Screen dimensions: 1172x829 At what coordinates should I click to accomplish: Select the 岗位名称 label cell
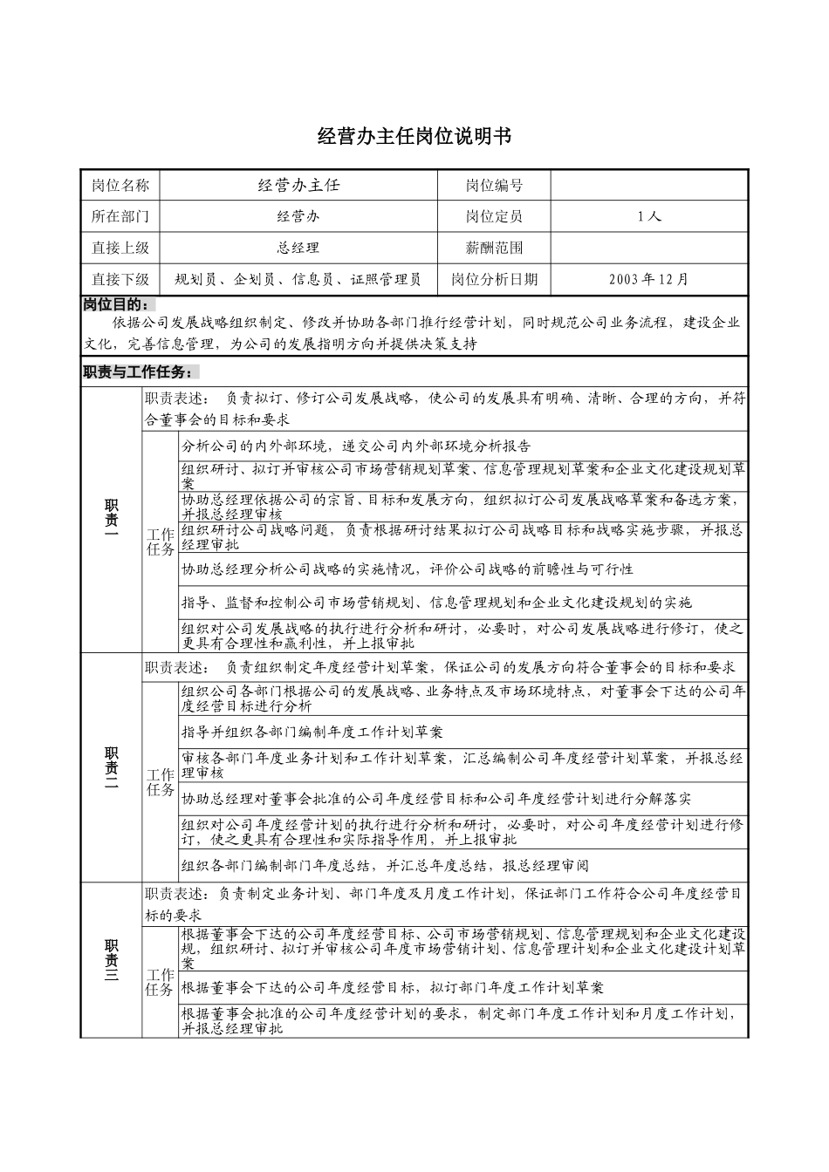click(x=120, y=185)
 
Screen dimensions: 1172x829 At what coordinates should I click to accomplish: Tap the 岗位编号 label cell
click(x=494, y=185)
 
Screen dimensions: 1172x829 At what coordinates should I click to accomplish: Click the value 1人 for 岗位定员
click(x=649, y=216)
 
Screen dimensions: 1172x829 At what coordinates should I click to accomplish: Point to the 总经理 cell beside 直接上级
click(x=298, y=248)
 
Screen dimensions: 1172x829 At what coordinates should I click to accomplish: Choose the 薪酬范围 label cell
click(x=494, y=248)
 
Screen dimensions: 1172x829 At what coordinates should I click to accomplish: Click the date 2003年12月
click(x=649, y=279)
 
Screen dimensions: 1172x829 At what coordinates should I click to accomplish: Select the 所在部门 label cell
click(x=120, y=216)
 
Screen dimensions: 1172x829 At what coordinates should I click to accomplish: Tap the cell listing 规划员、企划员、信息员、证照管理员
click(x=298, y=279)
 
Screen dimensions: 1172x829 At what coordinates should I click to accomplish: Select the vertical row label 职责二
click(x=112, y=767)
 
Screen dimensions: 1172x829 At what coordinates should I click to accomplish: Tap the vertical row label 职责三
click(x=112, y=959)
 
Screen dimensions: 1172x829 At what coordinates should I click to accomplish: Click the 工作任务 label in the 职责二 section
click(x=161, y=781)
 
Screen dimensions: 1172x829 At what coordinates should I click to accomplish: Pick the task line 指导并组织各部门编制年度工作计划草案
click(x=312, y=732)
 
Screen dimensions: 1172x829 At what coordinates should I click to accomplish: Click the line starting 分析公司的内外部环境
click(x=356, y=446)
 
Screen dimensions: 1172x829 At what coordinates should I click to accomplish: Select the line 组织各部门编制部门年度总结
click(x=385, y=866)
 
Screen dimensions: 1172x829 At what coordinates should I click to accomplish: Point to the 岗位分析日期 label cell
click(x=494, y=279)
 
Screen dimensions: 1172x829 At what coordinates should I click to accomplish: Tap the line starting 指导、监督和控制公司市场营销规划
click(x=436, y=602)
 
